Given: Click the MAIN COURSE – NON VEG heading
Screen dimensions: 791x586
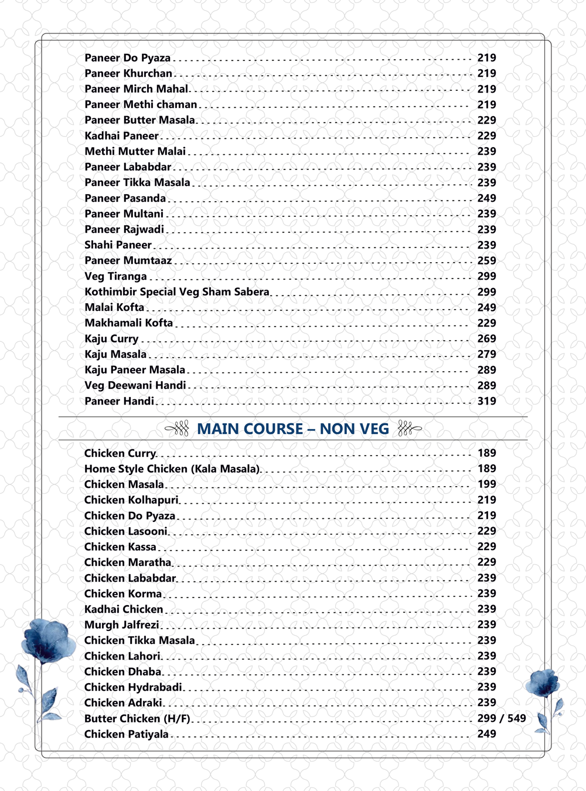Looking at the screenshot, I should click(x=293, y=429).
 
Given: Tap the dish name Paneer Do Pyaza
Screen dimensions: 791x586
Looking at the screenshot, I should click(x=127, y=58).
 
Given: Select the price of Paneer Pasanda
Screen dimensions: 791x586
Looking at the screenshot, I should click(x=486, y=198).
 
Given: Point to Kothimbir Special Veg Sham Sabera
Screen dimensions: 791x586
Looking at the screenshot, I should click(x=176, y=292).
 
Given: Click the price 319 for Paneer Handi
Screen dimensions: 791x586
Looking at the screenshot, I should click(x=486, y=401).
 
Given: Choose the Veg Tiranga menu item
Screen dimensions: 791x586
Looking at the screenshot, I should click(x=115, y=276).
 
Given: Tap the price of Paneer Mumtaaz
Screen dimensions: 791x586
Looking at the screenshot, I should click(x=486, y=260).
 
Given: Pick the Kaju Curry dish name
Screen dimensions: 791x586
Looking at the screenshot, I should click(x=111, y=339).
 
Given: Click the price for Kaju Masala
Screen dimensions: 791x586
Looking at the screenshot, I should click(x=486, y=354).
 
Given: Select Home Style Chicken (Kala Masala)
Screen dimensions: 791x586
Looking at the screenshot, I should click(x=172, y=469).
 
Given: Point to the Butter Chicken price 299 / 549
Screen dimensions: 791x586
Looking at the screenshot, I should click(x=501, y=718).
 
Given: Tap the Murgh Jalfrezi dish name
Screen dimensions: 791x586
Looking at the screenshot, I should click(x=121, y=625).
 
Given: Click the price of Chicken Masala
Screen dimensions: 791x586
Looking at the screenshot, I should click(x=486, y=484).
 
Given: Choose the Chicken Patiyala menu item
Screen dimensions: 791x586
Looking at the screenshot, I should click(x=126, y=734).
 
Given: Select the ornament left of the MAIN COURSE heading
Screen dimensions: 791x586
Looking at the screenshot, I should click(x=177, y=429).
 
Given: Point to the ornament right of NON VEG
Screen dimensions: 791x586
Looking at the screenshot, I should click(x=409, y=429).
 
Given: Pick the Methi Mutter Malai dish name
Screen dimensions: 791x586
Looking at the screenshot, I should click(x=135, y=151).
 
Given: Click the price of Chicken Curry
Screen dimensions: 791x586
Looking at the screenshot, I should click(x=486, y=453).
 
